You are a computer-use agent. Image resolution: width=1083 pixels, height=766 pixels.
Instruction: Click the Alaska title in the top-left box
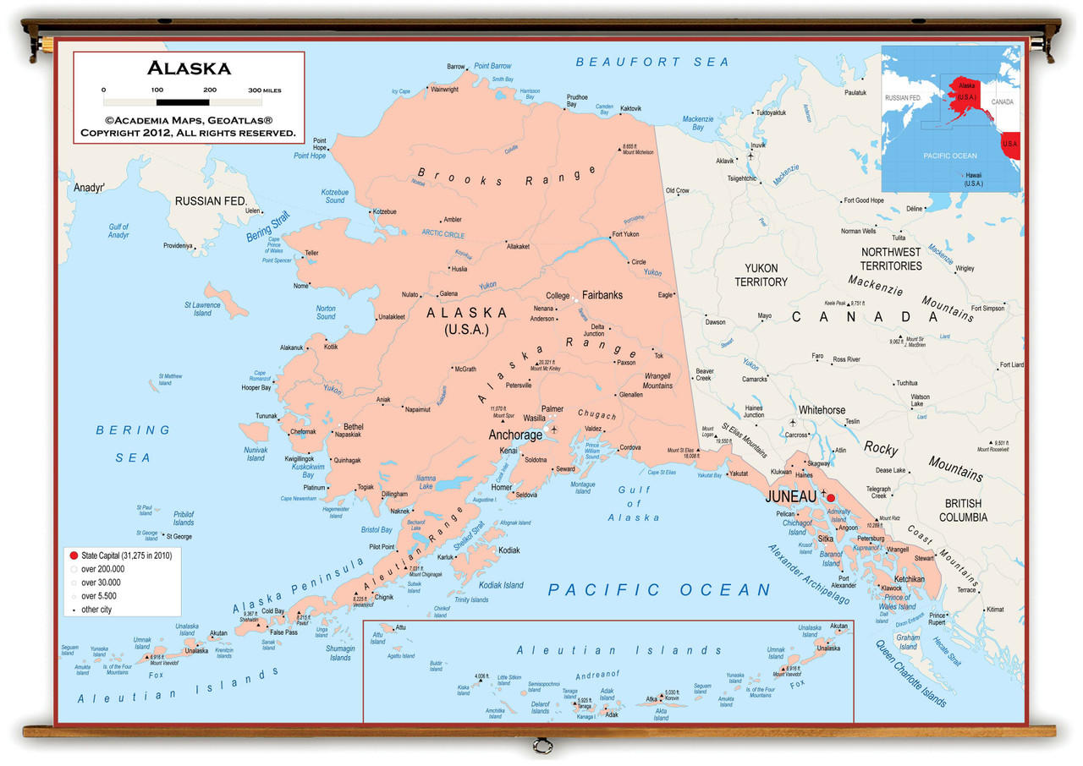(189, 68)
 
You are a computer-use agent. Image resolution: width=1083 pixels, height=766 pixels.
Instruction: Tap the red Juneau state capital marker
(830, 498)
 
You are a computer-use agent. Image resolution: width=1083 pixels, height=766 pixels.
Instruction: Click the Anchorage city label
(515, 435)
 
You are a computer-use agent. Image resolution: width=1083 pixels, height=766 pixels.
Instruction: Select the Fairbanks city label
(602, 295)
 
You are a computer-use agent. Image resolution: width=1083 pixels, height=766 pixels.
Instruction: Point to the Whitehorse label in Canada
(822, 410)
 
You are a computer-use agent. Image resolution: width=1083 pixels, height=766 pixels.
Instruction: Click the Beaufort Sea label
(651, 62)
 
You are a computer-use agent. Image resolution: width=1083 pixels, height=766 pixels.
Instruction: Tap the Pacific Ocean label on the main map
(659, 589)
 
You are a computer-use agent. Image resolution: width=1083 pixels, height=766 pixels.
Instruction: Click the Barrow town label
(456, 67)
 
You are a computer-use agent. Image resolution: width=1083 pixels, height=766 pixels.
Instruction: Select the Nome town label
(300, 286)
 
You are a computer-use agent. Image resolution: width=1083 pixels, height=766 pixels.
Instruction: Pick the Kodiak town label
(509, 550)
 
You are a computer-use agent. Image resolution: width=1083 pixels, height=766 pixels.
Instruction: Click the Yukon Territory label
(761, 275)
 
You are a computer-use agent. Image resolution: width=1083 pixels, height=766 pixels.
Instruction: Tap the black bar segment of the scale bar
(183, 101)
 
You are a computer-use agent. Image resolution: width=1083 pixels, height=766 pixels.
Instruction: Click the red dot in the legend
(74, 555)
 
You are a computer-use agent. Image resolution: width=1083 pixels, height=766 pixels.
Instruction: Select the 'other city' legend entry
(96, 610)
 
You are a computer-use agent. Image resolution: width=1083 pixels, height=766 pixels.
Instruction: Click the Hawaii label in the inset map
(973, 179)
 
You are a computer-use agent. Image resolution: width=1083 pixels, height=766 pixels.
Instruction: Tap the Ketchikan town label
(910, 579)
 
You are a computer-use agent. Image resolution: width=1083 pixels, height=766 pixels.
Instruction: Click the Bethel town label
(353, 427)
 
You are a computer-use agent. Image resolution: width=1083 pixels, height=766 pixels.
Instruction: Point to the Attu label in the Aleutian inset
(400, 627)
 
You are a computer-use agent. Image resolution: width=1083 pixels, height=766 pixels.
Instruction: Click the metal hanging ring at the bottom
(542, 746)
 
